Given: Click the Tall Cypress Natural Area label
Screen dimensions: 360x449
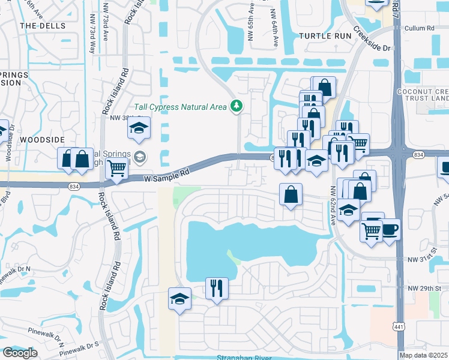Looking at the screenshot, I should click(180, 107).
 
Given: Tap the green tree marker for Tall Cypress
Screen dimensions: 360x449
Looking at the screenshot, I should click(237, 106).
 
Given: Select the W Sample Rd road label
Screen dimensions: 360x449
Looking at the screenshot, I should click(167, 174).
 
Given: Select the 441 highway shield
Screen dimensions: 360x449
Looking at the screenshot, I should click(399, 326).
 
